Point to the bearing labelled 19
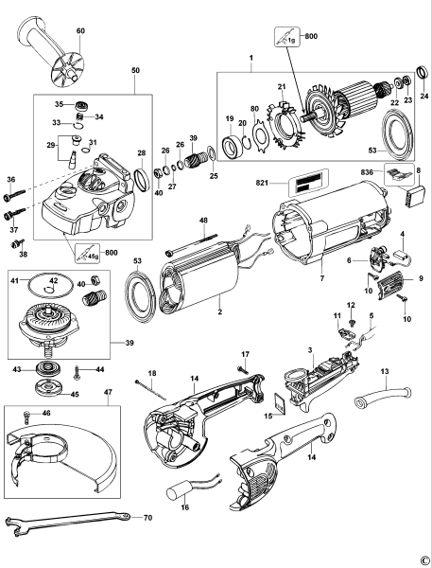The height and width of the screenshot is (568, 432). [x=231, y=147]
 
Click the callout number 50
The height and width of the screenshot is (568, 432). [x=135, y=70]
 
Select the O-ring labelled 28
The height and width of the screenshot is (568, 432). [x=140, y=178]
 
